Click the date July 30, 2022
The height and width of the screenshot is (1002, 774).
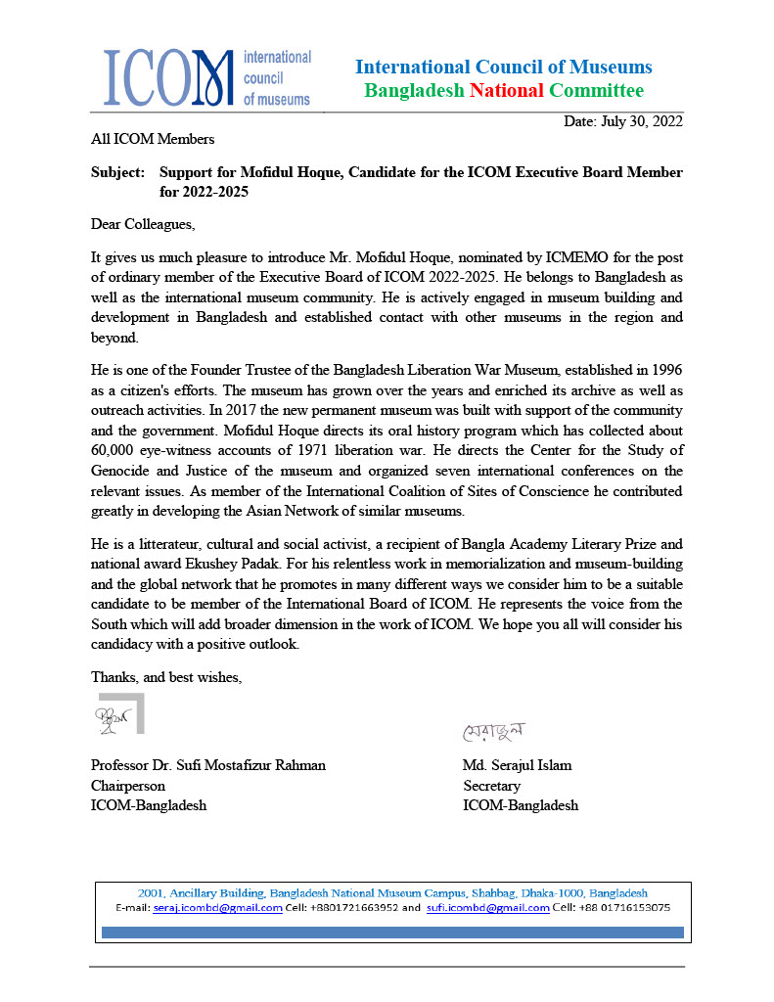click(623, 121)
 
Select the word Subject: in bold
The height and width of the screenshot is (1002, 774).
click(118, 172)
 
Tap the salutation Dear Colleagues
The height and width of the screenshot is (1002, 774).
click(143, 224)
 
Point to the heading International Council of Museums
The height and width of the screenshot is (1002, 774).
click(503, 67)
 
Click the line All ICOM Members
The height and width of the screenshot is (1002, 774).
click(152, 139)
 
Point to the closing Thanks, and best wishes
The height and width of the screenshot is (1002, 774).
click(166, 676)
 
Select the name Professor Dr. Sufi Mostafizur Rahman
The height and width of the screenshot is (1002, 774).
click(208, 765)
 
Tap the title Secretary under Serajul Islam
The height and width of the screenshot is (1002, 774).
click(491, 786)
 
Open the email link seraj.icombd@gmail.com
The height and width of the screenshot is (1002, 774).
click(215, 907)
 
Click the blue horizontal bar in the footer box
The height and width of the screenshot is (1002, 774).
click(392, 933)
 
